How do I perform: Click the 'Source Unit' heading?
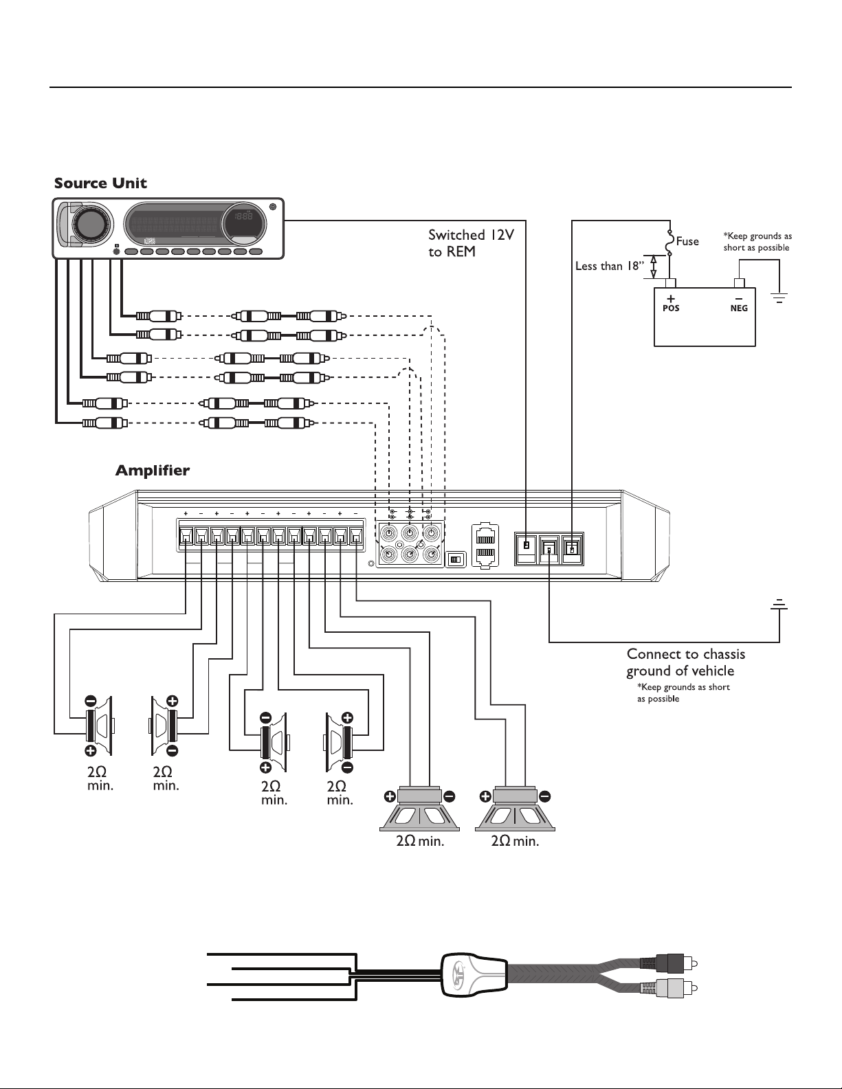click(x=100, y=183)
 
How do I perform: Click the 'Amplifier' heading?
click(x=153, y=470)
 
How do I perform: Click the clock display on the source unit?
click(x=244, y=216)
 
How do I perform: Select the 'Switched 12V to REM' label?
click(x=471, y=243)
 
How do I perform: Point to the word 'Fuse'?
click(x=687, y=242)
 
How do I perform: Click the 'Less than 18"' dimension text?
click(x=609, y=266)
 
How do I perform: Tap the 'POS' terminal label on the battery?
click(x=671, y=308)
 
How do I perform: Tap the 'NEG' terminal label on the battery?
click(x=739, y=308)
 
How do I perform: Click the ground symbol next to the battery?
click(x=779, y=299)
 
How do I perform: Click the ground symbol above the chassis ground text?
click(x=779, y=605)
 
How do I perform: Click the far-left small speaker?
click(x=100, y=725)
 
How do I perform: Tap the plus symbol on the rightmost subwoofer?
click(x=485, y=796)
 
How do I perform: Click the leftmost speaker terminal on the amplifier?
click(x=186, y=537)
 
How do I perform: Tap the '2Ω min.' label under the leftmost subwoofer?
click(x=420, y=841)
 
